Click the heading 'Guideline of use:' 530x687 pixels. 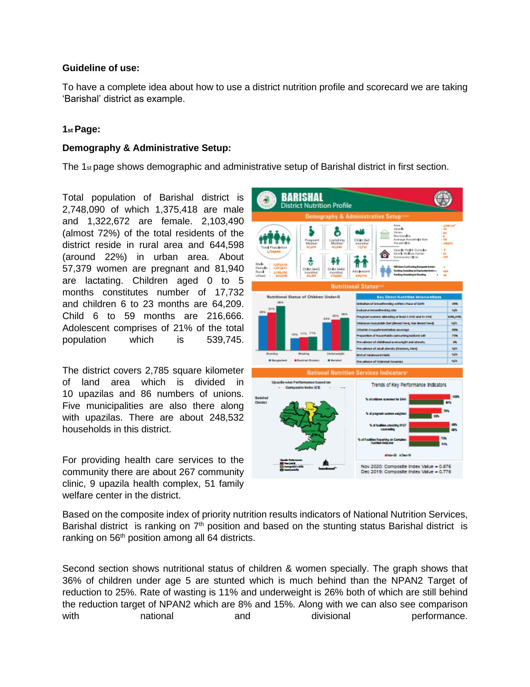101,68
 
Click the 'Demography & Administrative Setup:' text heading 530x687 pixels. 146,148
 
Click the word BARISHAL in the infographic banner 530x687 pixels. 302,197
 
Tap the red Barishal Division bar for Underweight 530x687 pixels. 335,334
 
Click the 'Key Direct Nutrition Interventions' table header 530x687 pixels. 408,297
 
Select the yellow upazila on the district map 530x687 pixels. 310,411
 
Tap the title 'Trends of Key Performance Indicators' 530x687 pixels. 408,385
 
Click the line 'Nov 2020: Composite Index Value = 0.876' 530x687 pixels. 406,466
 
